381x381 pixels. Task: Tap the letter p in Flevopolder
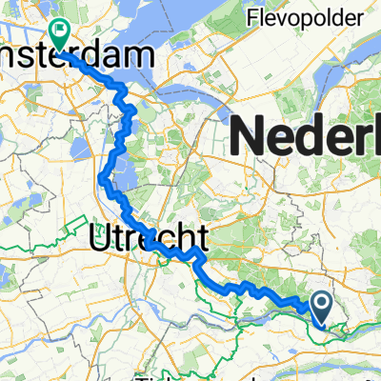point(296,19)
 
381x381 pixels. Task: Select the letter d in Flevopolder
point(326,17)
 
